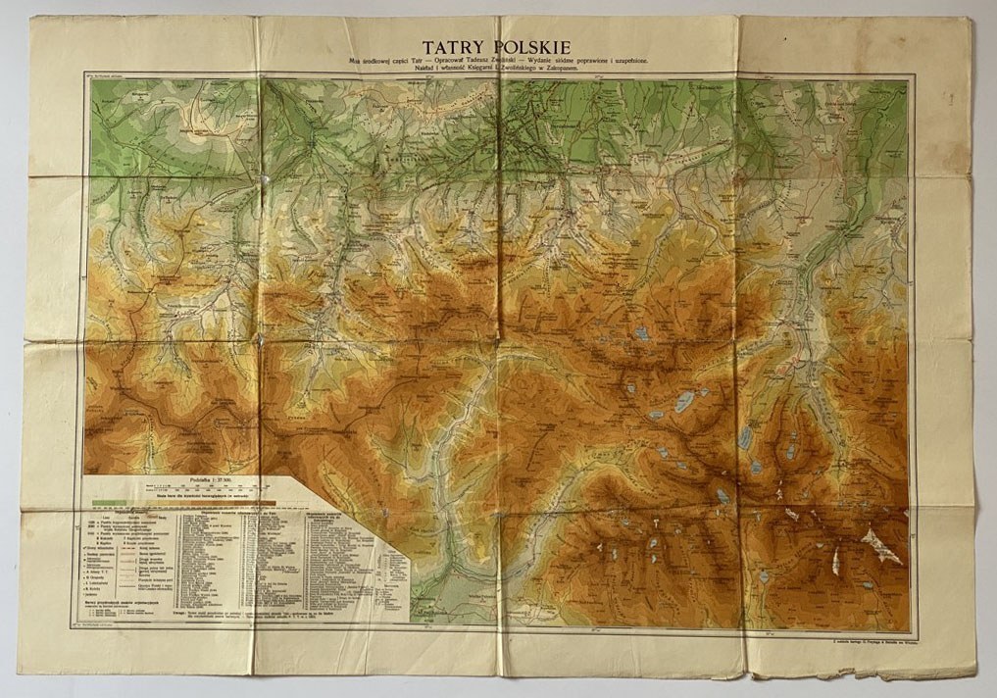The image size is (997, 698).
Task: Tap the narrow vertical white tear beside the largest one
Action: click(834, 562)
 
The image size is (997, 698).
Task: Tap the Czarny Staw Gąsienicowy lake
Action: click(642, 333)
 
